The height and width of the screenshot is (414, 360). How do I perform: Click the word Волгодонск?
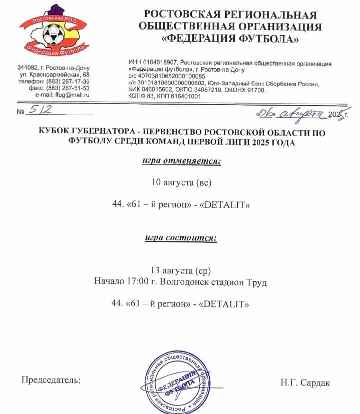182,282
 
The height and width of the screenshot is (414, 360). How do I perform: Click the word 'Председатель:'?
51,380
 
